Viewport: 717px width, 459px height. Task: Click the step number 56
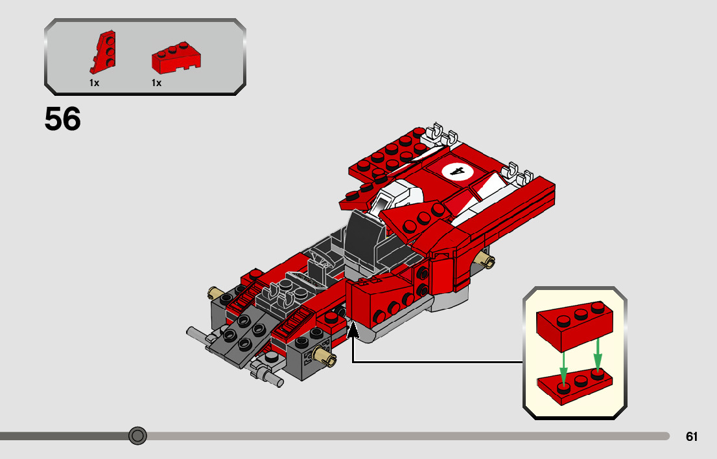pos(63,119)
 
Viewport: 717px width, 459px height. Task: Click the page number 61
pos(692,437)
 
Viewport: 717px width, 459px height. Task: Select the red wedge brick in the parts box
pos(176,58)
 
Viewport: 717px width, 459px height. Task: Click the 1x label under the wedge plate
pos(94,83)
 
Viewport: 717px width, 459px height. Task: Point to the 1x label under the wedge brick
pos(156,83)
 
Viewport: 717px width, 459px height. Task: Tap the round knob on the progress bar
pos(137,436)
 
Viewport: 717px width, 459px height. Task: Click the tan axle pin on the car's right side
pos(486,261)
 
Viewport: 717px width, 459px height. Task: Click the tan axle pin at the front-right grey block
pos(322,353)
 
